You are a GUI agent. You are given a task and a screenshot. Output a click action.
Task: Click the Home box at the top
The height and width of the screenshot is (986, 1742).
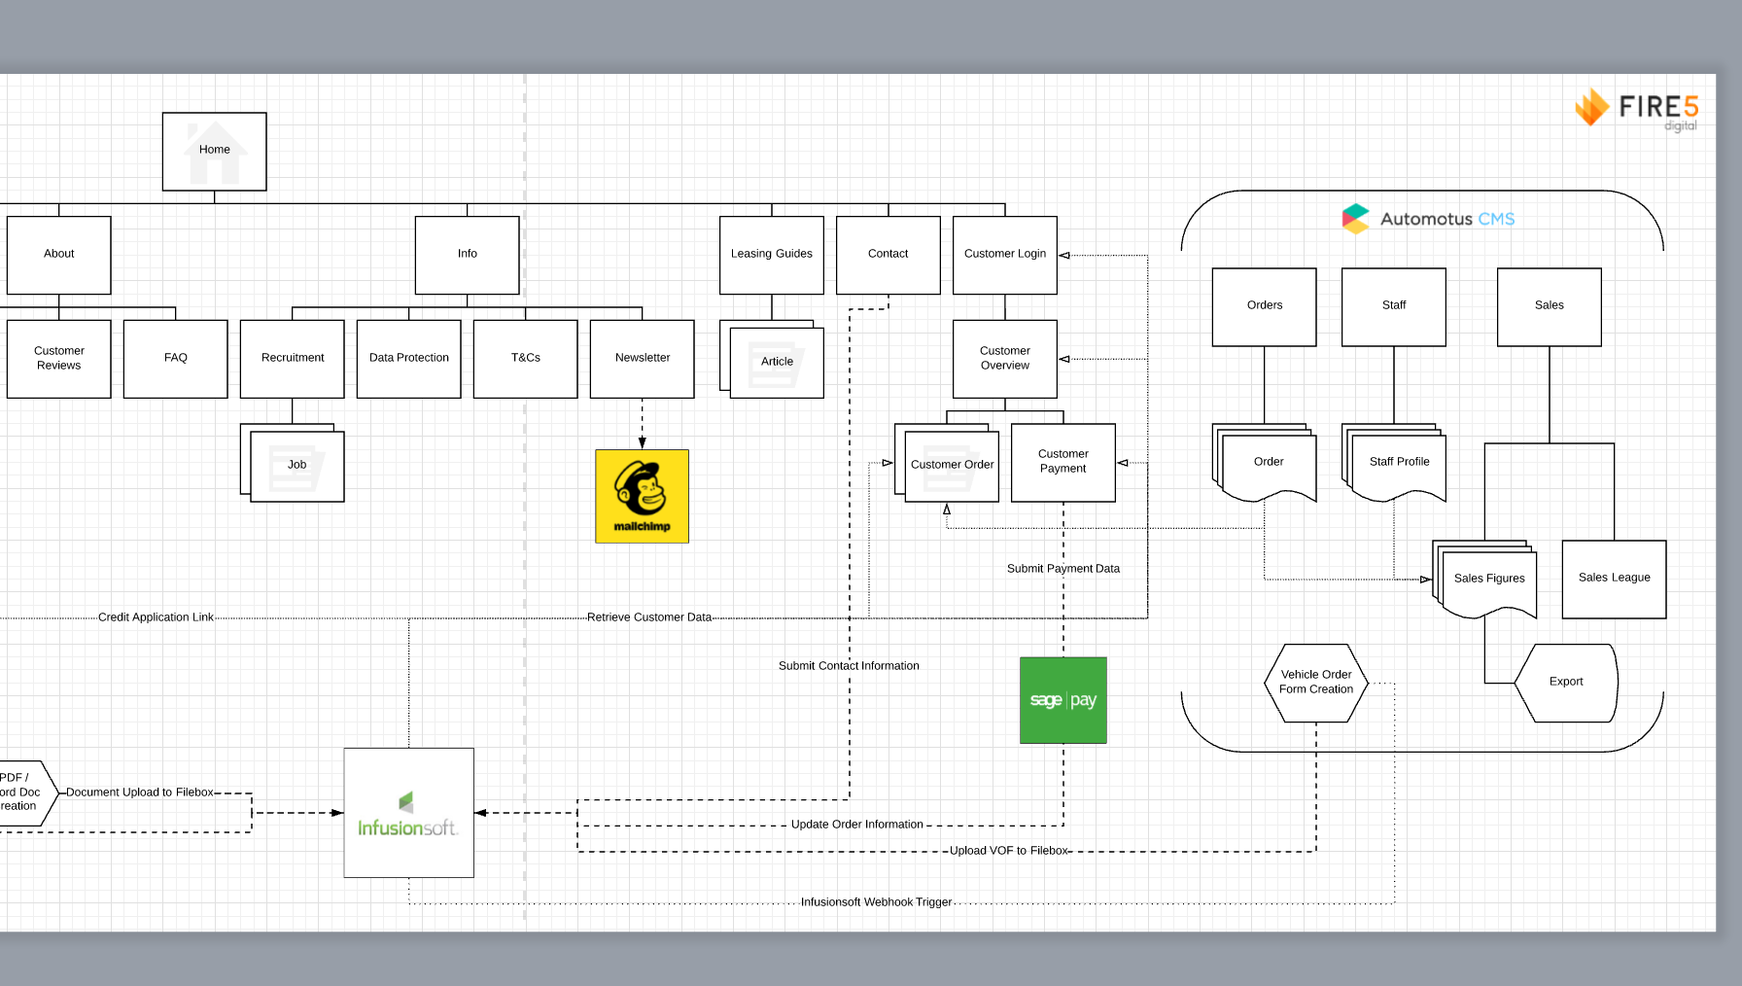click(214, 151)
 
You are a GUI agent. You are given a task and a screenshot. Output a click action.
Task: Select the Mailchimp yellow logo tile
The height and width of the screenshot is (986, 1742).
click(642, 496)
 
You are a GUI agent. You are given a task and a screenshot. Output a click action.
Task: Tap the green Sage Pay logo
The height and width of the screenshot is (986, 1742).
click(1063, 700)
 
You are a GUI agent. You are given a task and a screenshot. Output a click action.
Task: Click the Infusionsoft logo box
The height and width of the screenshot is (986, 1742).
click(408, 813)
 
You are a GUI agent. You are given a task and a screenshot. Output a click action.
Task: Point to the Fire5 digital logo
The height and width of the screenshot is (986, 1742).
click(1637, 109)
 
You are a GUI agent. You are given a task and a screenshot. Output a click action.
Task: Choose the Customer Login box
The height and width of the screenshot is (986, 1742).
click(1004, 255)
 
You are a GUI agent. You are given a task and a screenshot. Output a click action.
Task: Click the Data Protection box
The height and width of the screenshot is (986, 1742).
click(408, 358)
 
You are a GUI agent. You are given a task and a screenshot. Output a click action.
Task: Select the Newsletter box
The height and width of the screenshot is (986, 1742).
click(642, 358)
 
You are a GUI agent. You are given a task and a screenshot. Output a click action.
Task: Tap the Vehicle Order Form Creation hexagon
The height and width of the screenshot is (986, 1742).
click(1315, 683)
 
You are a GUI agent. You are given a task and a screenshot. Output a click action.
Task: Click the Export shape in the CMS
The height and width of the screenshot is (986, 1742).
click(1565, 683)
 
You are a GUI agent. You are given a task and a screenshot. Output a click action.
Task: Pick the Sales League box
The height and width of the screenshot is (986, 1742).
click(1614, 579)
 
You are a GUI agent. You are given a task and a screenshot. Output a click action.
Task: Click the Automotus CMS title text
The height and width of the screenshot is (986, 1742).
click(1446, 220)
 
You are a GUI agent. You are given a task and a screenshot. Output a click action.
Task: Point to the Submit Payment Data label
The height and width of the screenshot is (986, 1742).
click(1063, 569)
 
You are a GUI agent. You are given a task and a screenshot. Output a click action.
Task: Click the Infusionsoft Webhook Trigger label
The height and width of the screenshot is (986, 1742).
click(876, 902)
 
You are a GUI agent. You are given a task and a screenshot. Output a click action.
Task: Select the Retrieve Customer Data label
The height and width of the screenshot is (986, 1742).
click(648, 617)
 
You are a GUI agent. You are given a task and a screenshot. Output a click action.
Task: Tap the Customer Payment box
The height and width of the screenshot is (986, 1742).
click(1063, 462)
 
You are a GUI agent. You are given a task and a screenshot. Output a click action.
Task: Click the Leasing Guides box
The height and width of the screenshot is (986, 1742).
click(771, 255)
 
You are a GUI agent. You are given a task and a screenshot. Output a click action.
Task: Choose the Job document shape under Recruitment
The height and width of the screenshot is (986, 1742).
click(296, 466)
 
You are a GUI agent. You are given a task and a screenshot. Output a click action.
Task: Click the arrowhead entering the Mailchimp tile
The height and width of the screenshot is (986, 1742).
click(642, 442)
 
